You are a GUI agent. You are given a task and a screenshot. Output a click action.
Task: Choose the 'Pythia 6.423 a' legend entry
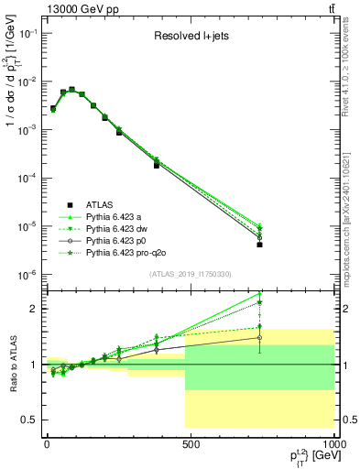(117, 216)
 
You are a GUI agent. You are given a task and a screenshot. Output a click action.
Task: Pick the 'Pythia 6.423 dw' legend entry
(120, 228)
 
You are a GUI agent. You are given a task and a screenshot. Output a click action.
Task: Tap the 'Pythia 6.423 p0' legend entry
(120, 240)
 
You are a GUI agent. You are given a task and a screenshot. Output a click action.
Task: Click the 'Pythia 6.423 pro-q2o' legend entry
(129, 252)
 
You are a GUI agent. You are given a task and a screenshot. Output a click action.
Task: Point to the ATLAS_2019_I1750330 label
(191, 274)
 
